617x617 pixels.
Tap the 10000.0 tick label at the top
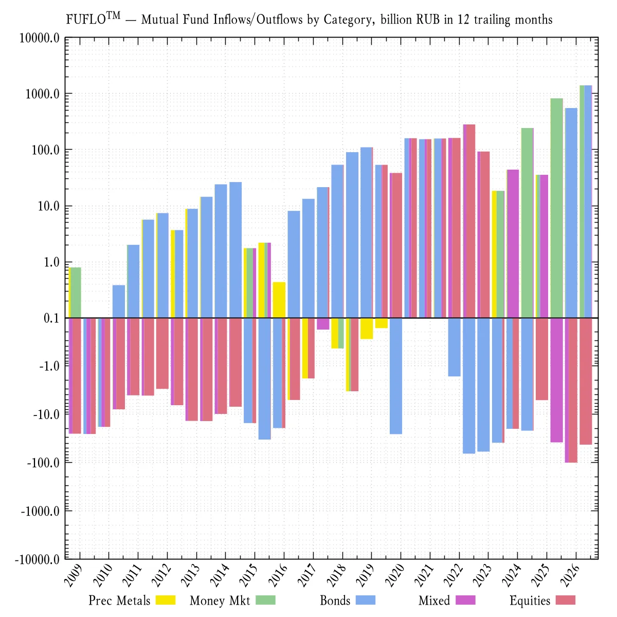click(40, 38)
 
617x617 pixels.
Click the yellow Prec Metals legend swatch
click(166, 600)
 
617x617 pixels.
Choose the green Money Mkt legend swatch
click(265, 600)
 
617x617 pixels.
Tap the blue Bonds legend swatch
click(365, 600)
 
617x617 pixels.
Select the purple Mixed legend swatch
click(465, 600)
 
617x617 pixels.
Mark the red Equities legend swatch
click(565, 600)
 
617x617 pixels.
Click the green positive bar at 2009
click(76, 292)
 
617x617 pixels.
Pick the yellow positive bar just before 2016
click(279, 300)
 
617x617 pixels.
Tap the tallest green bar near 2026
click(582, 201)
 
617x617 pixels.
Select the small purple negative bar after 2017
click(323, 324)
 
